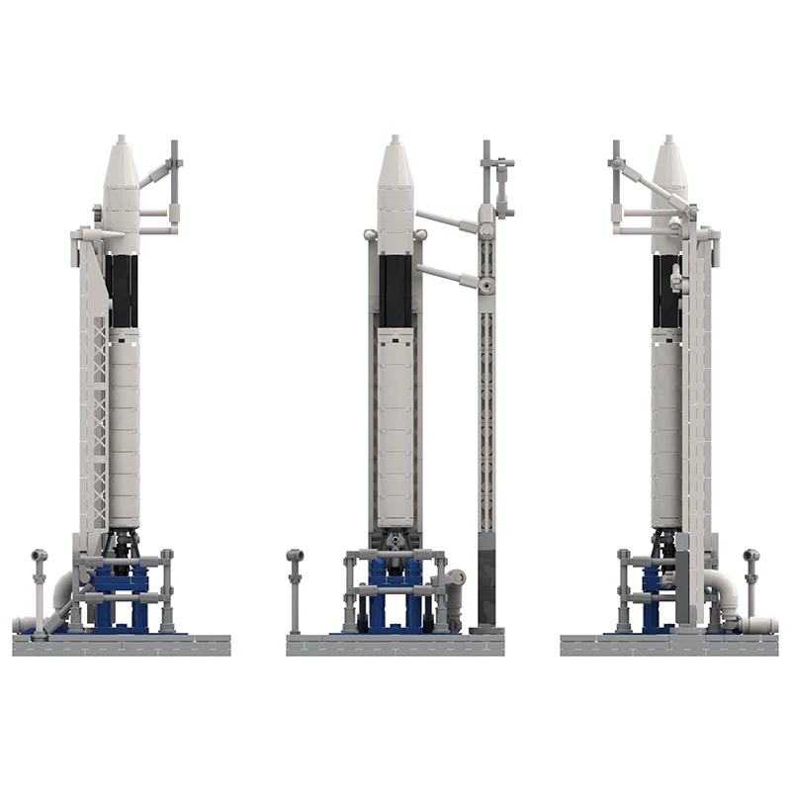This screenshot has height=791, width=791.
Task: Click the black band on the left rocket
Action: click(123, 291)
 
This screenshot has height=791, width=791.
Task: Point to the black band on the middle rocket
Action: click(395, 291)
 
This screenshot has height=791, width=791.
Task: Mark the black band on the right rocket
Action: click(664, 291)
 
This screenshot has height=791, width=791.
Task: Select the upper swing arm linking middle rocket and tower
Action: click(450, 221)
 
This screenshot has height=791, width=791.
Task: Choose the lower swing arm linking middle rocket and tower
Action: click(450, 276)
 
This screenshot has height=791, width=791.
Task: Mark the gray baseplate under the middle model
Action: click(395, 646)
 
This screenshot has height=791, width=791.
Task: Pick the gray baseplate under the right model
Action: click(669, 646)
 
